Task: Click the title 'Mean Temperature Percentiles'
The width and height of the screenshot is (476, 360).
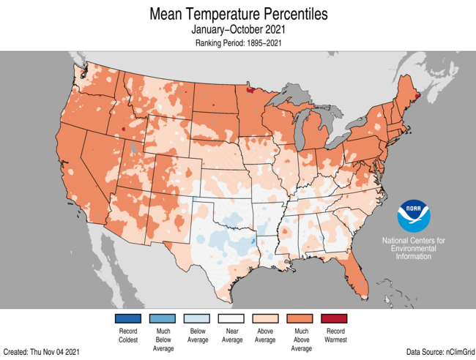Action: [238, 14]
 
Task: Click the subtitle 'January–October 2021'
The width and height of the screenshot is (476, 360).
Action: [238, 30]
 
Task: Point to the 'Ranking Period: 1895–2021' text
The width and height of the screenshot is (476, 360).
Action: [238, 43]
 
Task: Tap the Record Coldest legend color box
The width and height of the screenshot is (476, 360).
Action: [128, 318]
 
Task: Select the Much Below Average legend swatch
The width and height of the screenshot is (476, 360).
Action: [163, 318]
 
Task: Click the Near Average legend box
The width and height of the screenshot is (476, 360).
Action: [231, 318]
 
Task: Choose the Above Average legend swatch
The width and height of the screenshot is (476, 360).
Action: [265, 318]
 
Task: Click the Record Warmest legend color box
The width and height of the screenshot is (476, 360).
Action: [334, 318]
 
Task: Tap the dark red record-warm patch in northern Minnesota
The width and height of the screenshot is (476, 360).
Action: [251, 91]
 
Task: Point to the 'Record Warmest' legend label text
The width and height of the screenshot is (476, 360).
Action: [334, 336]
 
